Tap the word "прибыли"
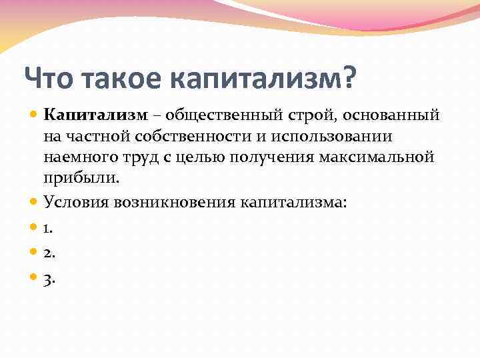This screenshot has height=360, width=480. tap(81, 179)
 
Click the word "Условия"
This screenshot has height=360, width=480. tap(73, 201)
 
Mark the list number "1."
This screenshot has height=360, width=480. tap(48, 229)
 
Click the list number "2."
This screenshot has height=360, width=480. tap(49, 254)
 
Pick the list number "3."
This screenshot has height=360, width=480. tap(49, 279)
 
